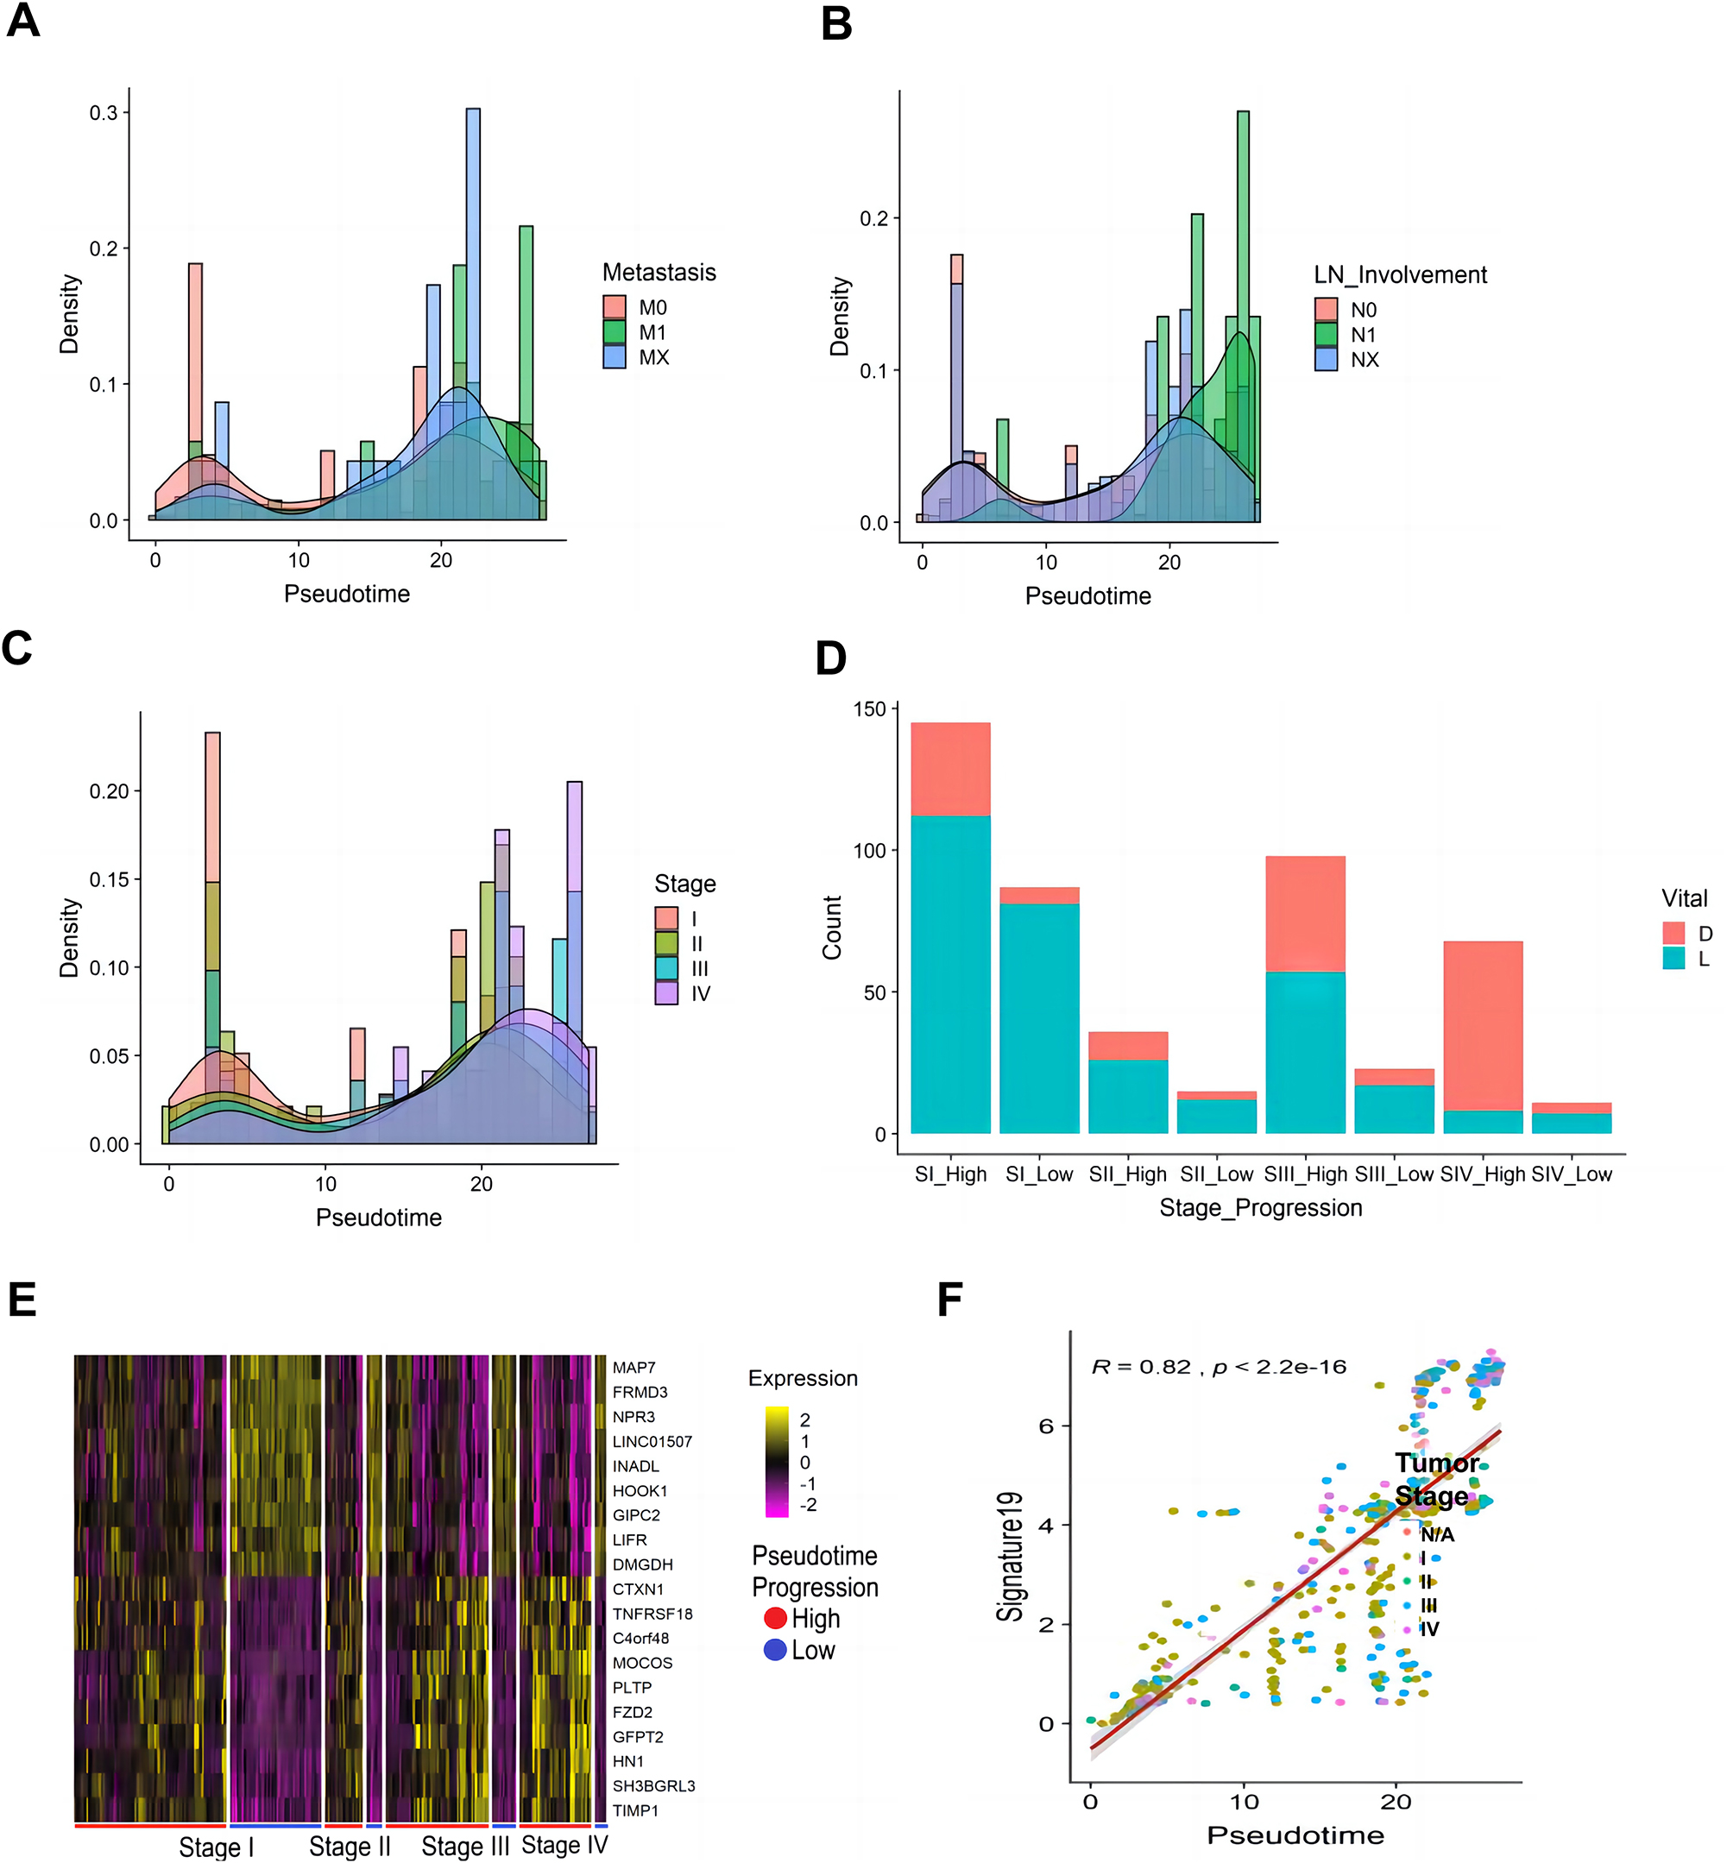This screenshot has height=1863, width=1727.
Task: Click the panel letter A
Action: coord(22,21)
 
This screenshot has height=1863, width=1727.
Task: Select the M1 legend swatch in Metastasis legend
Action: coord(614,332)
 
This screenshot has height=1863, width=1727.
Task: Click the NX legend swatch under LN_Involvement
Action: coord(1325,360)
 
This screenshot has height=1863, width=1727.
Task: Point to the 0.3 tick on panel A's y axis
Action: coord(104,113)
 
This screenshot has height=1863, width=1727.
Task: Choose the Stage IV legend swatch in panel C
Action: coord(665,993)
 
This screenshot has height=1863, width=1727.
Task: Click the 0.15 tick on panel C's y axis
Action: coord(109,879)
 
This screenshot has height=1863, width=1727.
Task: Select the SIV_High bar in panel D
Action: coord(1482,1037)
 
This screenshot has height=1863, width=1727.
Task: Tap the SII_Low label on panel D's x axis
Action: coord(1216,1174)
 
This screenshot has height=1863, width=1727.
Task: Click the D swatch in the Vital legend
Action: coord(1673,933)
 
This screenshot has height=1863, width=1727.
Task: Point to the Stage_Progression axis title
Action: coord(1260,1208)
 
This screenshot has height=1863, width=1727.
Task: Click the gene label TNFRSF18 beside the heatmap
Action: coord(652,1614)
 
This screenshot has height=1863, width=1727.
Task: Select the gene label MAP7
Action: coord(633,1368)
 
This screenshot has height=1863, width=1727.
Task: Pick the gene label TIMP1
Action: coord(635,1810)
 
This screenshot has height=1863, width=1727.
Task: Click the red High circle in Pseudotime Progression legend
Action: coord(775,1617)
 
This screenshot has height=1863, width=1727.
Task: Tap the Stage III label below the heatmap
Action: coord(464,1847)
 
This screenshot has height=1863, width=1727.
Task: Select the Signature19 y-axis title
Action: coord(1009,1556)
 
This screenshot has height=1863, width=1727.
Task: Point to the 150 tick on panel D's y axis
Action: coord(868,709)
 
